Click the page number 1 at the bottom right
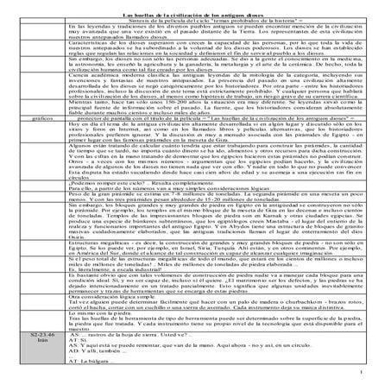[379, 373]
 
